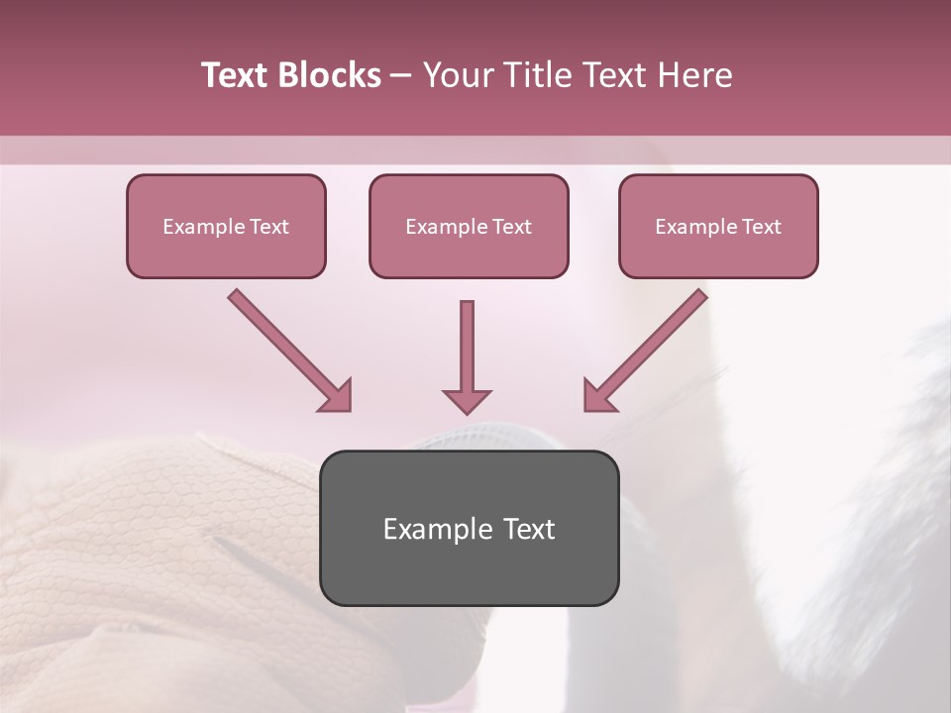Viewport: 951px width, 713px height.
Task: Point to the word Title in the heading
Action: pos(538,75)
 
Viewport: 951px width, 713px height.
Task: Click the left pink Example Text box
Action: pos(226,226)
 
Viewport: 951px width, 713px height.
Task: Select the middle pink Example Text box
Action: pos(469,226)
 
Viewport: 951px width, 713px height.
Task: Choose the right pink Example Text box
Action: pos(718,226)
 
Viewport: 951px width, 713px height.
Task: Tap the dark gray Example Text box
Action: pos(469,528)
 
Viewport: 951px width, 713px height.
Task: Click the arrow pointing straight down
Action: pos(467,352)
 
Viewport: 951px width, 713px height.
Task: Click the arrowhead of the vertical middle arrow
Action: pos(467,400)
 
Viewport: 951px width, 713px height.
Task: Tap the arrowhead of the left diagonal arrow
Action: pos(337,395)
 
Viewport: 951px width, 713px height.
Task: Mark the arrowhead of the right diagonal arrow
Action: pos(598,395)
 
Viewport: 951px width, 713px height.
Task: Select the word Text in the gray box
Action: pos(530,529)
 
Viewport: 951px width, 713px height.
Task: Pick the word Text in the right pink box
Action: pos(761,227)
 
